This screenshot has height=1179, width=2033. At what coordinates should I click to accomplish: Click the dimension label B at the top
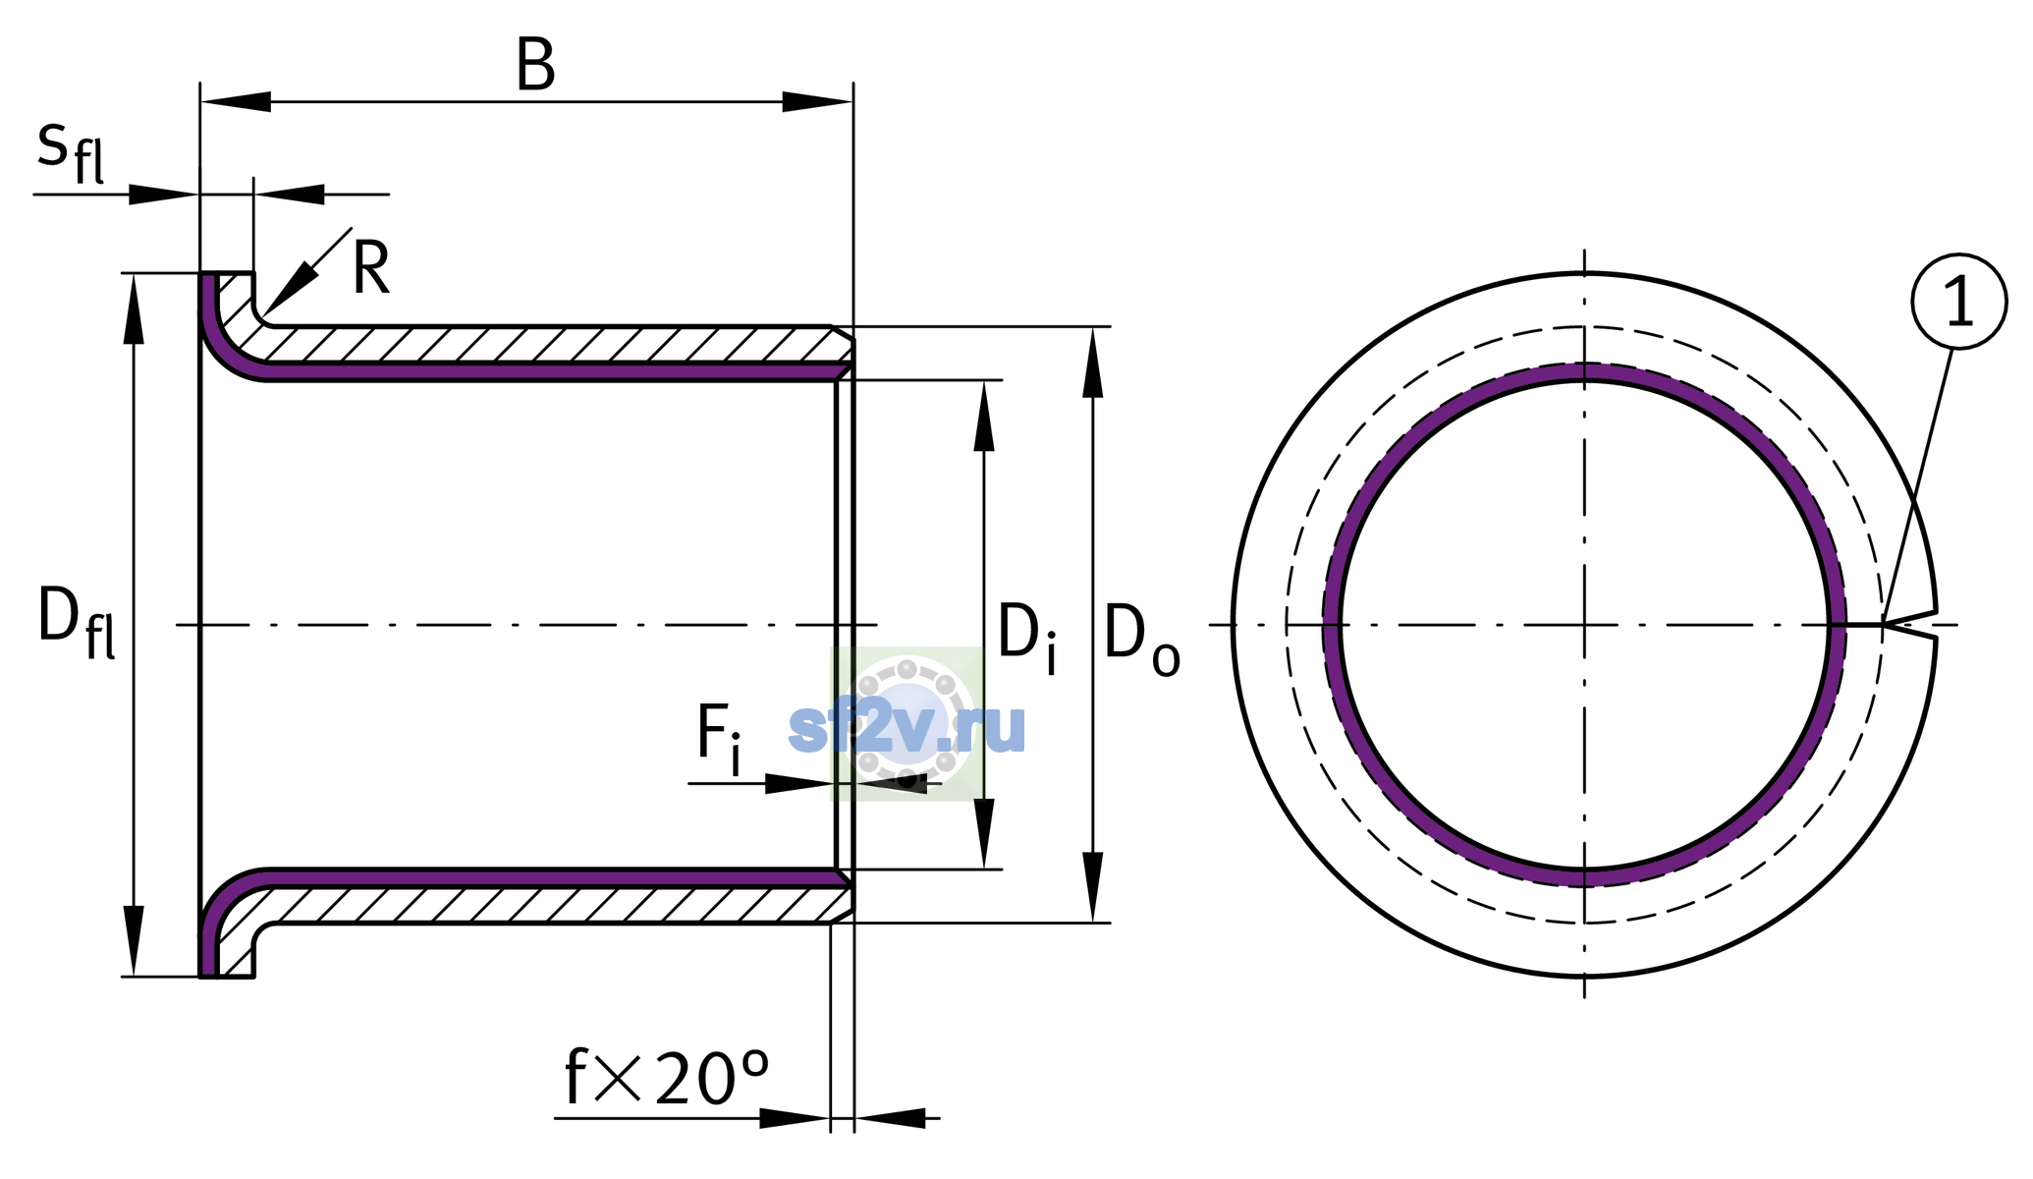tap(535, 66)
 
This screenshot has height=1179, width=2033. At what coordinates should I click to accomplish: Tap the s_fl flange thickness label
tap(70, 152)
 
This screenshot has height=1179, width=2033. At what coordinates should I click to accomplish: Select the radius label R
tap(371, 267)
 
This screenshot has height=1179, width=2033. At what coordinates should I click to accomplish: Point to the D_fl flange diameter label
tap(76, 622)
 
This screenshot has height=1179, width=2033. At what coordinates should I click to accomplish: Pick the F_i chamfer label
tap(719, 740)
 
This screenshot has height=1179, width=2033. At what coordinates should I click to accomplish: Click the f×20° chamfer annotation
tap(667, 1078)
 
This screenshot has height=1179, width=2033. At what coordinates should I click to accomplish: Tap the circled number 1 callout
tap(1959, 302)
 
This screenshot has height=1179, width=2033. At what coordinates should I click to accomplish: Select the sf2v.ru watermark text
tap(907, 728)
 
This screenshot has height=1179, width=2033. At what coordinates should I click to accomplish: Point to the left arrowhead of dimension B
tap(236, 101)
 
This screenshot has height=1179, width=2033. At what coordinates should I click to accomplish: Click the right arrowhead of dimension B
tap(817, 101)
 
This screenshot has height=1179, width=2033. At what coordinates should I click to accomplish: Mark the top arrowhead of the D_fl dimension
tap(134, 309)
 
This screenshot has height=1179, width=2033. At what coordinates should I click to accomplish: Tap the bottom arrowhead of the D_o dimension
tap(1093, 887)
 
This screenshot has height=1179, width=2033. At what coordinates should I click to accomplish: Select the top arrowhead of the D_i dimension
tap(984, 416)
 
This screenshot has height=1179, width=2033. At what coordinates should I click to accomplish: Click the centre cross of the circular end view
tap(1584, 625)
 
